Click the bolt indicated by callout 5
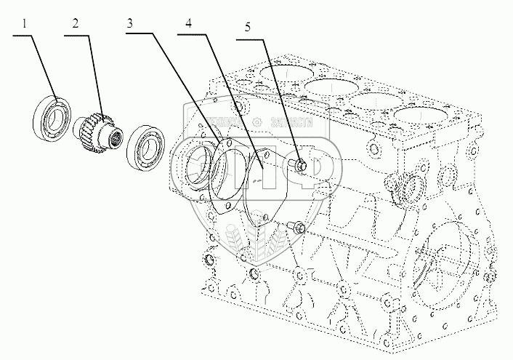point(299,167)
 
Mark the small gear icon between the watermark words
point(255,121)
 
